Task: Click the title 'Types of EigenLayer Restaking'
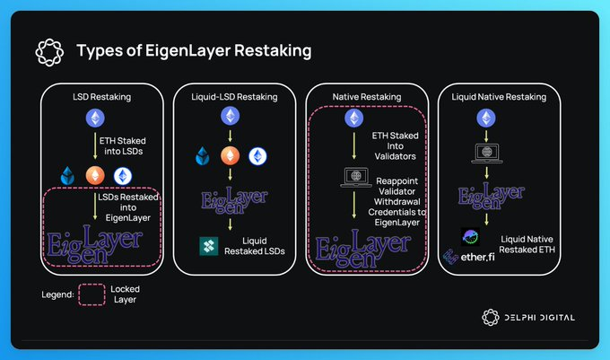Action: pyautogui.click(x=194, y=50)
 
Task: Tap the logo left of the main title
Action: pyautogui.click(x=49, y=52)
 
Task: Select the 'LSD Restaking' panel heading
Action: pyautogui.click(x=102, y=97)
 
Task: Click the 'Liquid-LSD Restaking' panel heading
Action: pyautogui.click(x=234, y=97)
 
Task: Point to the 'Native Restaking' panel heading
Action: pyautogui.click(x=367, y=97)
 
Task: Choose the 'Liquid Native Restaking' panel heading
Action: pyautogui.click(x=499, y=97)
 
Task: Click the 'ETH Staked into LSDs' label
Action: pyautogui.click(x=123, y=146)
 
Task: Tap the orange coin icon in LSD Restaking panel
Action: pyautogui.click(x=95, y=176)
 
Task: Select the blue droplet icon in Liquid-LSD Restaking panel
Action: pyautogui.click(x=203, y=156)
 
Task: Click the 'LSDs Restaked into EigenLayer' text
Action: pyautogui.click(x=128, y=207)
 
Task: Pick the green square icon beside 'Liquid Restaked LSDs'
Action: pyautogui.click(x=209, y=246)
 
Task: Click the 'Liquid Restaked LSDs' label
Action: pyautogui.click(x=255, y=246)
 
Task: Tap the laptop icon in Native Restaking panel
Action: pyautogui.click(x=356, y=178)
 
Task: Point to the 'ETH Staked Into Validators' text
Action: pyautogui.click(x=396, y=146)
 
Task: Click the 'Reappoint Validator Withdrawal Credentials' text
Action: pyautogui.click(x=396, y=197)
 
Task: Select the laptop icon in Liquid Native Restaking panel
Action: pyautogui.click(x=487, y=154)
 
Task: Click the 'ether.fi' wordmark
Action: pyautogui.click(x=477, y=257)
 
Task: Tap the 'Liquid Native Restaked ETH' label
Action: pyautogui.click(x=527, y=244)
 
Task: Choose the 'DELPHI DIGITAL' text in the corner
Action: pyautogui.click(x=540, y=318)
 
